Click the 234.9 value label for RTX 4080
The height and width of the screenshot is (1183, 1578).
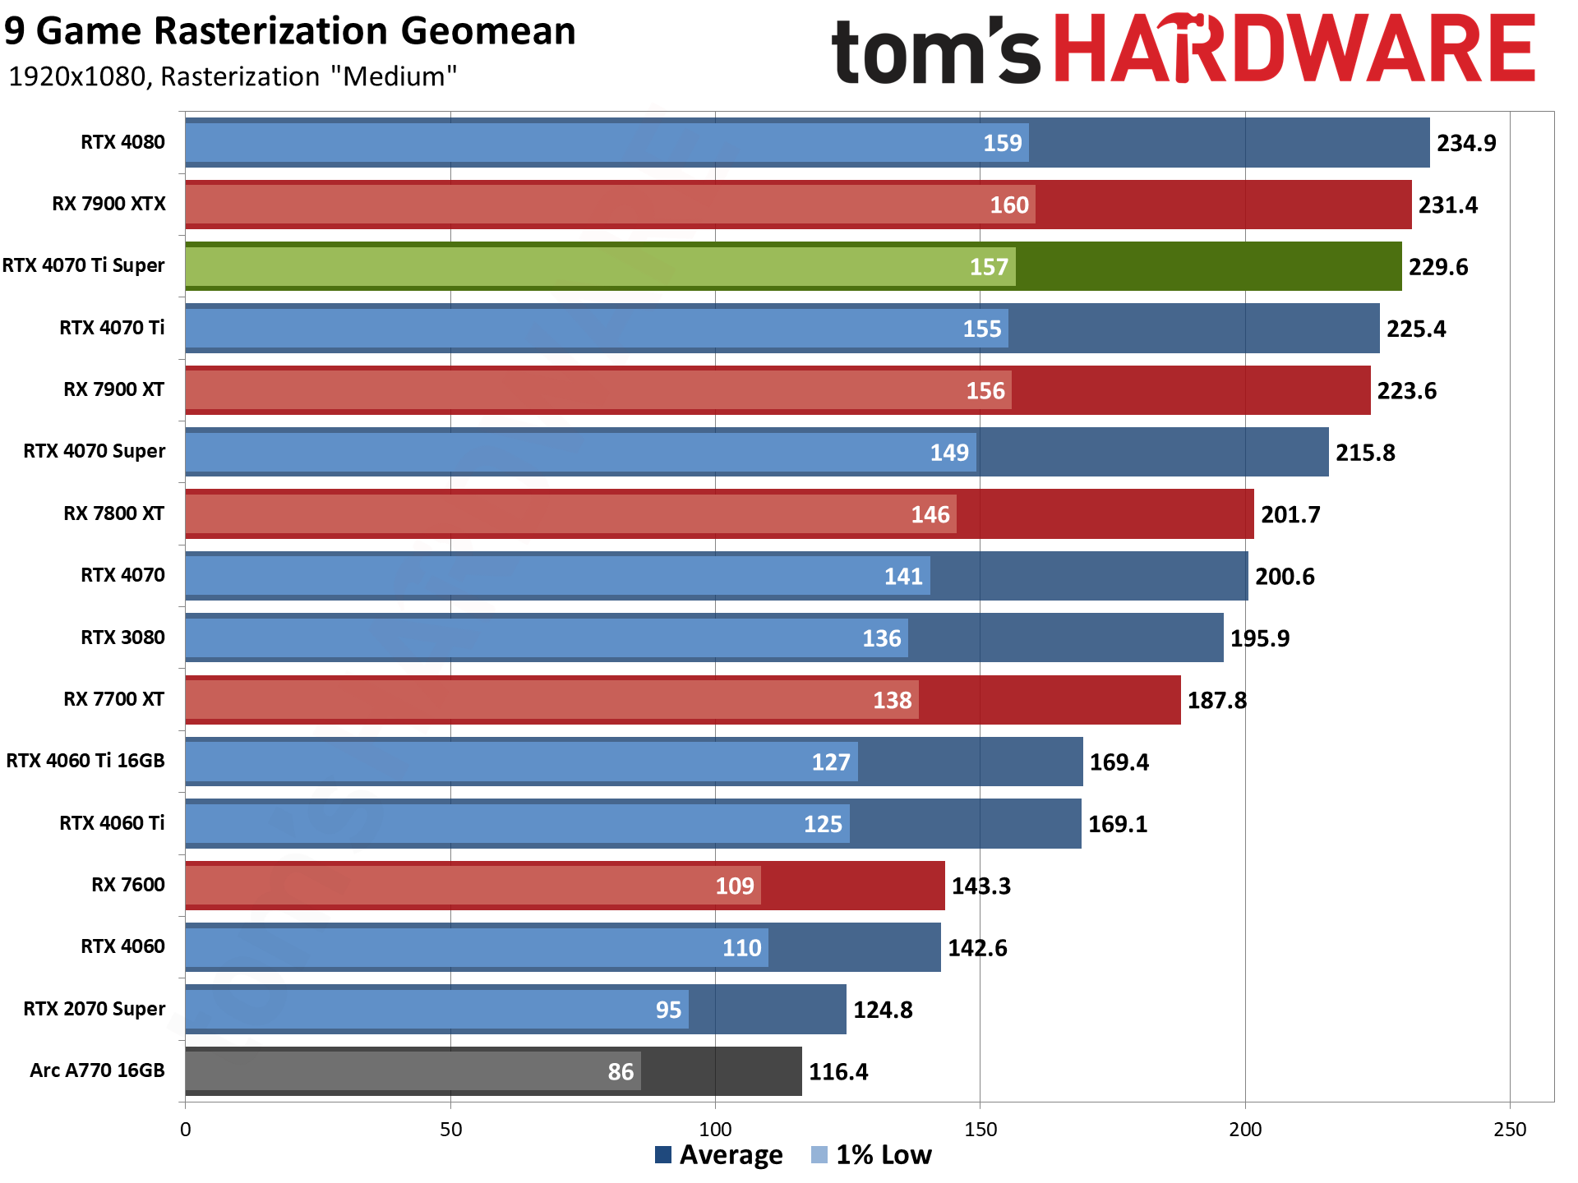coord(1465,143)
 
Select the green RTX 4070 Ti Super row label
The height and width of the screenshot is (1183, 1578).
coord(84,265)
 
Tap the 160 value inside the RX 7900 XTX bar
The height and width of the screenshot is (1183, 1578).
coord(1008,205)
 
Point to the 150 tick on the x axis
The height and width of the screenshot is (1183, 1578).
coord(980,1129)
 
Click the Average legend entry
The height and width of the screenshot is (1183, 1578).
coord(719,1154)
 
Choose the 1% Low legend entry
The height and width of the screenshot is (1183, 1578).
coord(872,1154)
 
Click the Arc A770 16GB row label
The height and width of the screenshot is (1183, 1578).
coord(97,1070)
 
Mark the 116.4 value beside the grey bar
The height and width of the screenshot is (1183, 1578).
coord(838,1071)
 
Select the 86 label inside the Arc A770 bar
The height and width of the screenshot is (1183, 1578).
coord(621,1071)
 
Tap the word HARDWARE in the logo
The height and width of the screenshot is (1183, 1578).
coord(1294,49)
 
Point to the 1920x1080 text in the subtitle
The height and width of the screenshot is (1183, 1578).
coord(77,76)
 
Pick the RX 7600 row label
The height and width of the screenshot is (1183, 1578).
coord(127,885)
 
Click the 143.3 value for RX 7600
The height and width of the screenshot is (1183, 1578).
coord(980,886)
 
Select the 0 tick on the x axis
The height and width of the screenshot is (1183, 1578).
coord(186,1129)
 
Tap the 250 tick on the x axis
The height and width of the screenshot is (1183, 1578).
coord(1509,1129)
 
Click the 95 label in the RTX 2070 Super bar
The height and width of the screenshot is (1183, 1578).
coord(668,1010)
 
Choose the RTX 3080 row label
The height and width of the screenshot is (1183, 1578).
coord(122,638)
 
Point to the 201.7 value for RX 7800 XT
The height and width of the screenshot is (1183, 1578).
coord(1290,514)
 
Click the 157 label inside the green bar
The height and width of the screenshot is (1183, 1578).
coord(988,267)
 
